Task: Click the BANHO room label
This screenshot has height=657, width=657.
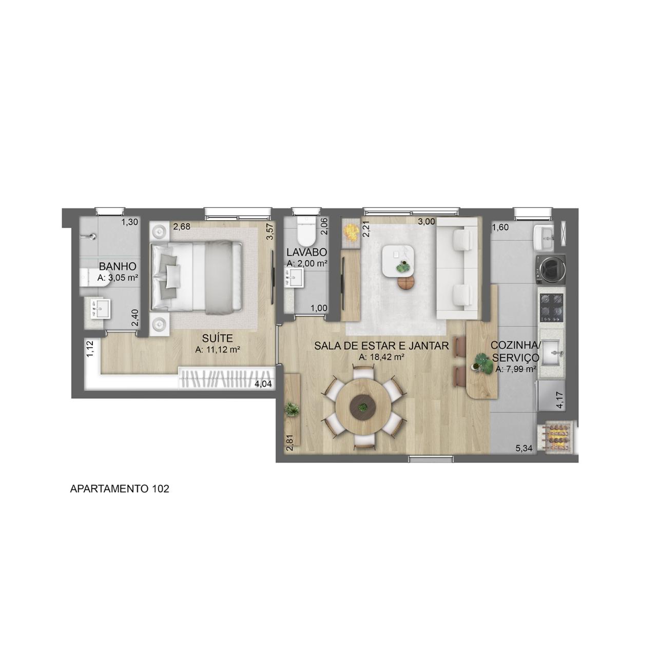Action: pyautogui.click(x=118, y=266)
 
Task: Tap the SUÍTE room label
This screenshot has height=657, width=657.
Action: pyautogui.click(x=217, y=338)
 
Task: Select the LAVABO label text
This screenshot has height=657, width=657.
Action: pyautogui.click(x=307, y=253)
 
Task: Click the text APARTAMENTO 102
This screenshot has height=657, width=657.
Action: pyautogui.click(x=119, y=489)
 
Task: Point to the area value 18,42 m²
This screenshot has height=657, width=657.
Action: pyautogui.click(x=382, y=357)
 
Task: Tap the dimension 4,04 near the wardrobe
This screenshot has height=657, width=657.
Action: pyautogui.click(x=263, y=384)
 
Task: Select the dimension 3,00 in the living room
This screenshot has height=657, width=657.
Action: pyautogui.click(x=426, y=222)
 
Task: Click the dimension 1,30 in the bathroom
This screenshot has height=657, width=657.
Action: pyautogui.click(x=130, y=222)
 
